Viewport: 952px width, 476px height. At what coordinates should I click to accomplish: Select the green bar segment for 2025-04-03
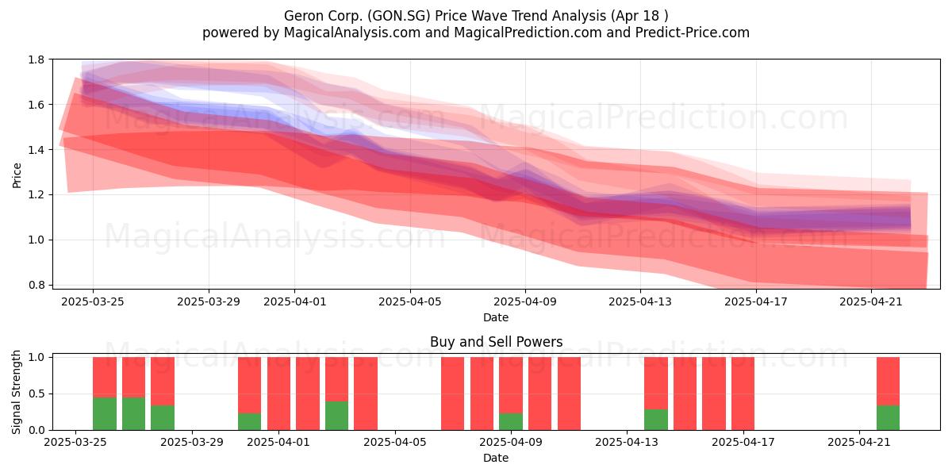(336, 416)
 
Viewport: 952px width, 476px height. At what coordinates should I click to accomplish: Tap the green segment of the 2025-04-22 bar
(888, 418)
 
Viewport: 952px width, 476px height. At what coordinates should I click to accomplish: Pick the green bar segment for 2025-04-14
(656, 420)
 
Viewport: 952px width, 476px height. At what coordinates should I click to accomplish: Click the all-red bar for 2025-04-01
(278, 393)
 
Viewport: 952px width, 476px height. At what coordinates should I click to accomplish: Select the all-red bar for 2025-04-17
(743, 393)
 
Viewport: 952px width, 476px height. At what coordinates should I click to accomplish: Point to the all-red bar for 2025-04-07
(453, 393)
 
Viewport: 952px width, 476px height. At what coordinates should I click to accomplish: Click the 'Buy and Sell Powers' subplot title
(496, 342)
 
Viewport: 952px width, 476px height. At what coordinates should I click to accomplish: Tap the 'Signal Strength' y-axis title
(16, 392)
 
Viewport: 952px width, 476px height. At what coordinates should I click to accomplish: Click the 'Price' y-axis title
(17, 175)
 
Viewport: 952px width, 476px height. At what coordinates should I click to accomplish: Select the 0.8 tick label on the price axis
(36, 285)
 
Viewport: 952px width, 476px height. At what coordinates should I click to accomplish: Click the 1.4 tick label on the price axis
(36, 150)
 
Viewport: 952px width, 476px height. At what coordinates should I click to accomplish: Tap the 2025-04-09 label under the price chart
(525, 301)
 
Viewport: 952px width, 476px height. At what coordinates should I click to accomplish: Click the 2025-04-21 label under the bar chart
(859, 442)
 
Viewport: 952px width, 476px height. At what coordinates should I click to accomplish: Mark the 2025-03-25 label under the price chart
(93, 301)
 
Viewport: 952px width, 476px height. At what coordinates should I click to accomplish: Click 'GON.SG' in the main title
(399, 16)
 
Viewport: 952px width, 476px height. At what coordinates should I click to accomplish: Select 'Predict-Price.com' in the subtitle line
(693, 33)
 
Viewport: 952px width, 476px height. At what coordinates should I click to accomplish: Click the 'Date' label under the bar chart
(496, 458)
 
